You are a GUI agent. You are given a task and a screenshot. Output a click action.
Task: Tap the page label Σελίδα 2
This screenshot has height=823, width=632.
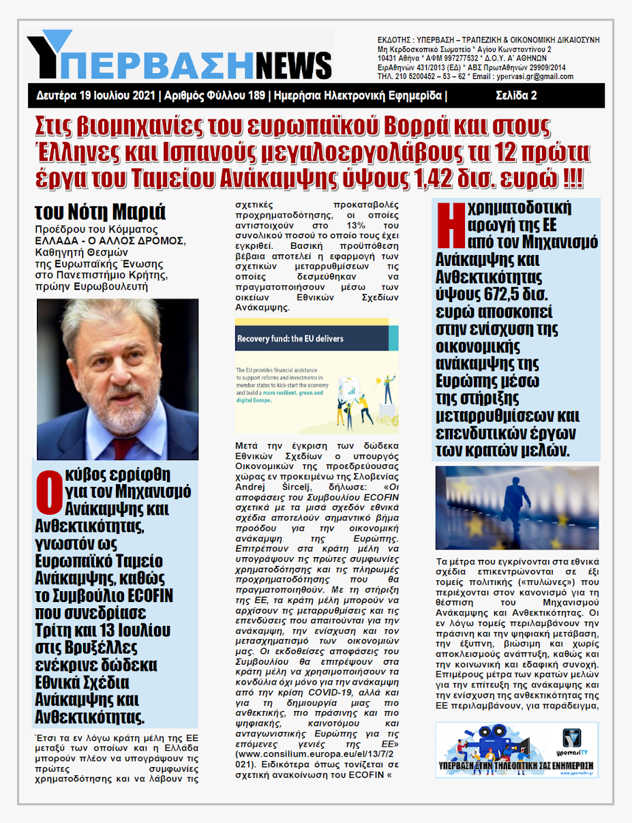point(515,95)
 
